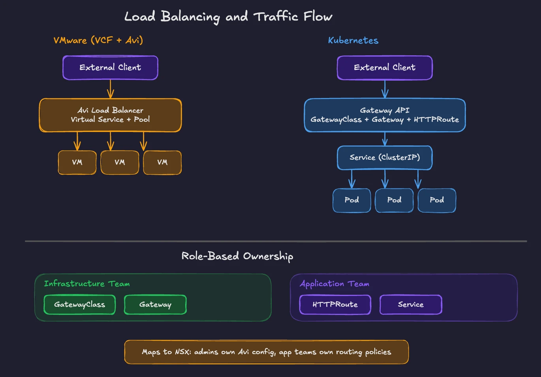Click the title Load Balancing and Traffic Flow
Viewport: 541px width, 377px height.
228,17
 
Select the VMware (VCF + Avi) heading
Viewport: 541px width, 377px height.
98,40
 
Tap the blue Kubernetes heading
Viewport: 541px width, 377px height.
353,40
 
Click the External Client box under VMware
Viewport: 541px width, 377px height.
110,68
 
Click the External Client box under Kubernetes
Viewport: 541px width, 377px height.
385,68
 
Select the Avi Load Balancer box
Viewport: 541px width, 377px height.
110,115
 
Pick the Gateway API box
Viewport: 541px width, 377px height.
385,115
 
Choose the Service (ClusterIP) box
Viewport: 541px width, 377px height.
385,158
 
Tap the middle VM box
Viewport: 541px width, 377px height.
120,162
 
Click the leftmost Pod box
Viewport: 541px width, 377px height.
351,200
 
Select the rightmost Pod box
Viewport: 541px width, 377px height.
437,200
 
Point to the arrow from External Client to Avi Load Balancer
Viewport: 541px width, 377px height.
111,89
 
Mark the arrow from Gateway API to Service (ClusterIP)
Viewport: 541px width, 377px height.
385,139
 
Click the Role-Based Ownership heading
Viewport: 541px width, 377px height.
237,256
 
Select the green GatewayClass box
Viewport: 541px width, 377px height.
79,305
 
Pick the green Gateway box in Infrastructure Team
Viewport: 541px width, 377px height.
155,305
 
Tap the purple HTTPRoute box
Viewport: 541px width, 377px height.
335,305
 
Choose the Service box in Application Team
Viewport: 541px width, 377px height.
411,305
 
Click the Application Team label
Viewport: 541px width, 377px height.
334,284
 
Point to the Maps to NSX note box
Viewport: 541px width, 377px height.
266,352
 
